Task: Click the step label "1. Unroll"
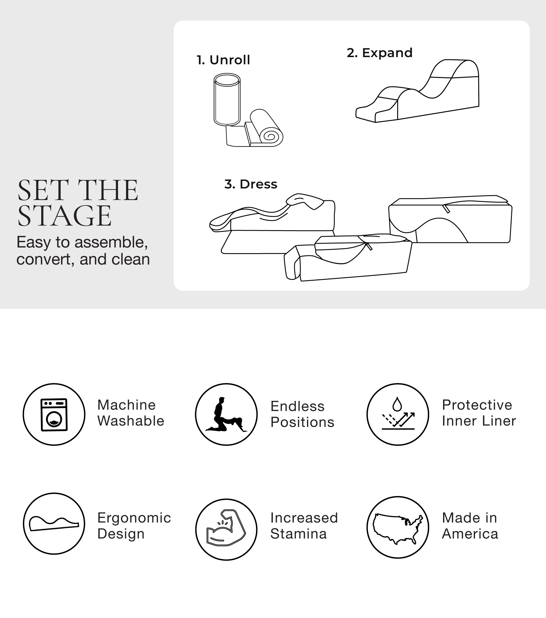[x=223, y=60]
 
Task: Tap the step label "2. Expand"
[x=380, y=53]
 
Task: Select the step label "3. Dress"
[x=251, y=184]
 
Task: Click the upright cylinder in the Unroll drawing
[x=227, y=99]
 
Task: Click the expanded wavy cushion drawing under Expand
[x=417, y=91]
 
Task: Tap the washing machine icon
[x=54, y=415]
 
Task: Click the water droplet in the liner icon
[x=397, y=404]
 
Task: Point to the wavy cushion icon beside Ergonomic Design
[x=54, y=524]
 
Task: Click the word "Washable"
[x=131, y=421]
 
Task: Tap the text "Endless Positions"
[x=302, y=414]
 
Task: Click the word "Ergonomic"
[x=134, y=518]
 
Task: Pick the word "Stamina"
[x=298, y=534]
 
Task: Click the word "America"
[x=470, y=534]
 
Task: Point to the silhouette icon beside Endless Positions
[x=226, y=414]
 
